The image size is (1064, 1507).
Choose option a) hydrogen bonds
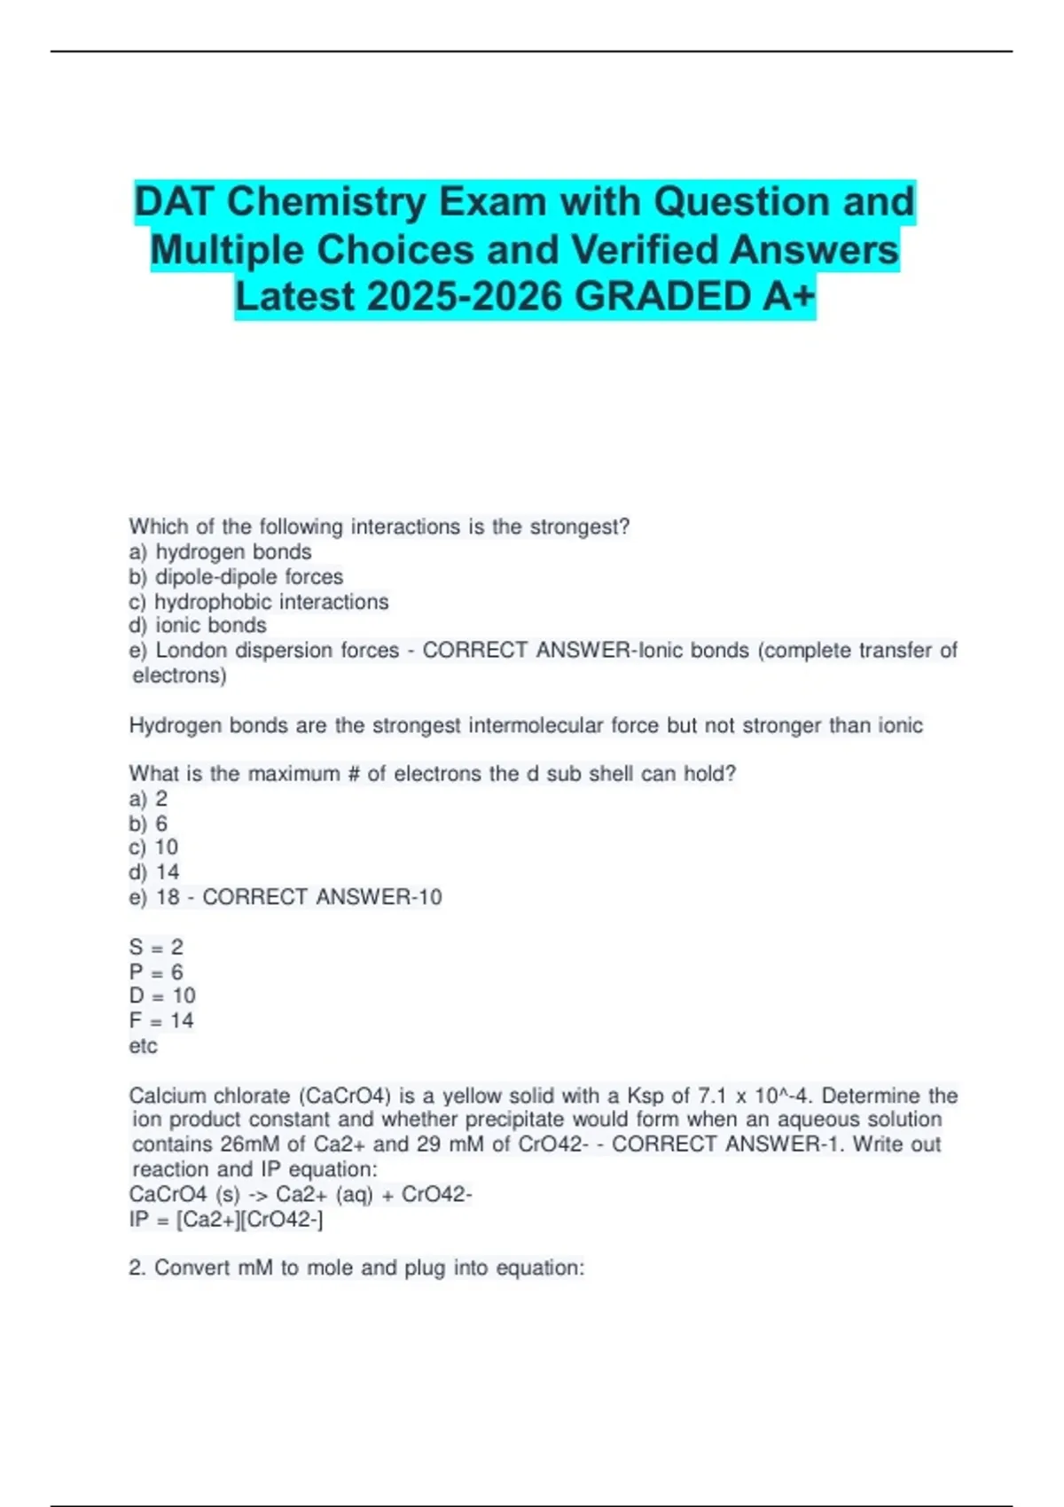click(x=221, y=551)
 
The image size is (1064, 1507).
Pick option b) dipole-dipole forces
click(x=237, y=576)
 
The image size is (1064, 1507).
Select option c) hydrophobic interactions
click(x=259, y=601)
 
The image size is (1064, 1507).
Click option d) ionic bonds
click(x=198, y=625)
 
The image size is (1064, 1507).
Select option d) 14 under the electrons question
click(x=154, y=872)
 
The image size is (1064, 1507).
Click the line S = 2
click(x=156, y=947)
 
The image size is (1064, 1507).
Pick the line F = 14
click(x=161, y=1020)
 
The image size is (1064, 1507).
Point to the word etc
click(x=143, y=1046)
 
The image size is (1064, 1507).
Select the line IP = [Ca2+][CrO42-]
click(x=226, y=1220)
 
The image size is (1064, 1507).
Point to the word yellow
click(x=476, y=1096)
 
